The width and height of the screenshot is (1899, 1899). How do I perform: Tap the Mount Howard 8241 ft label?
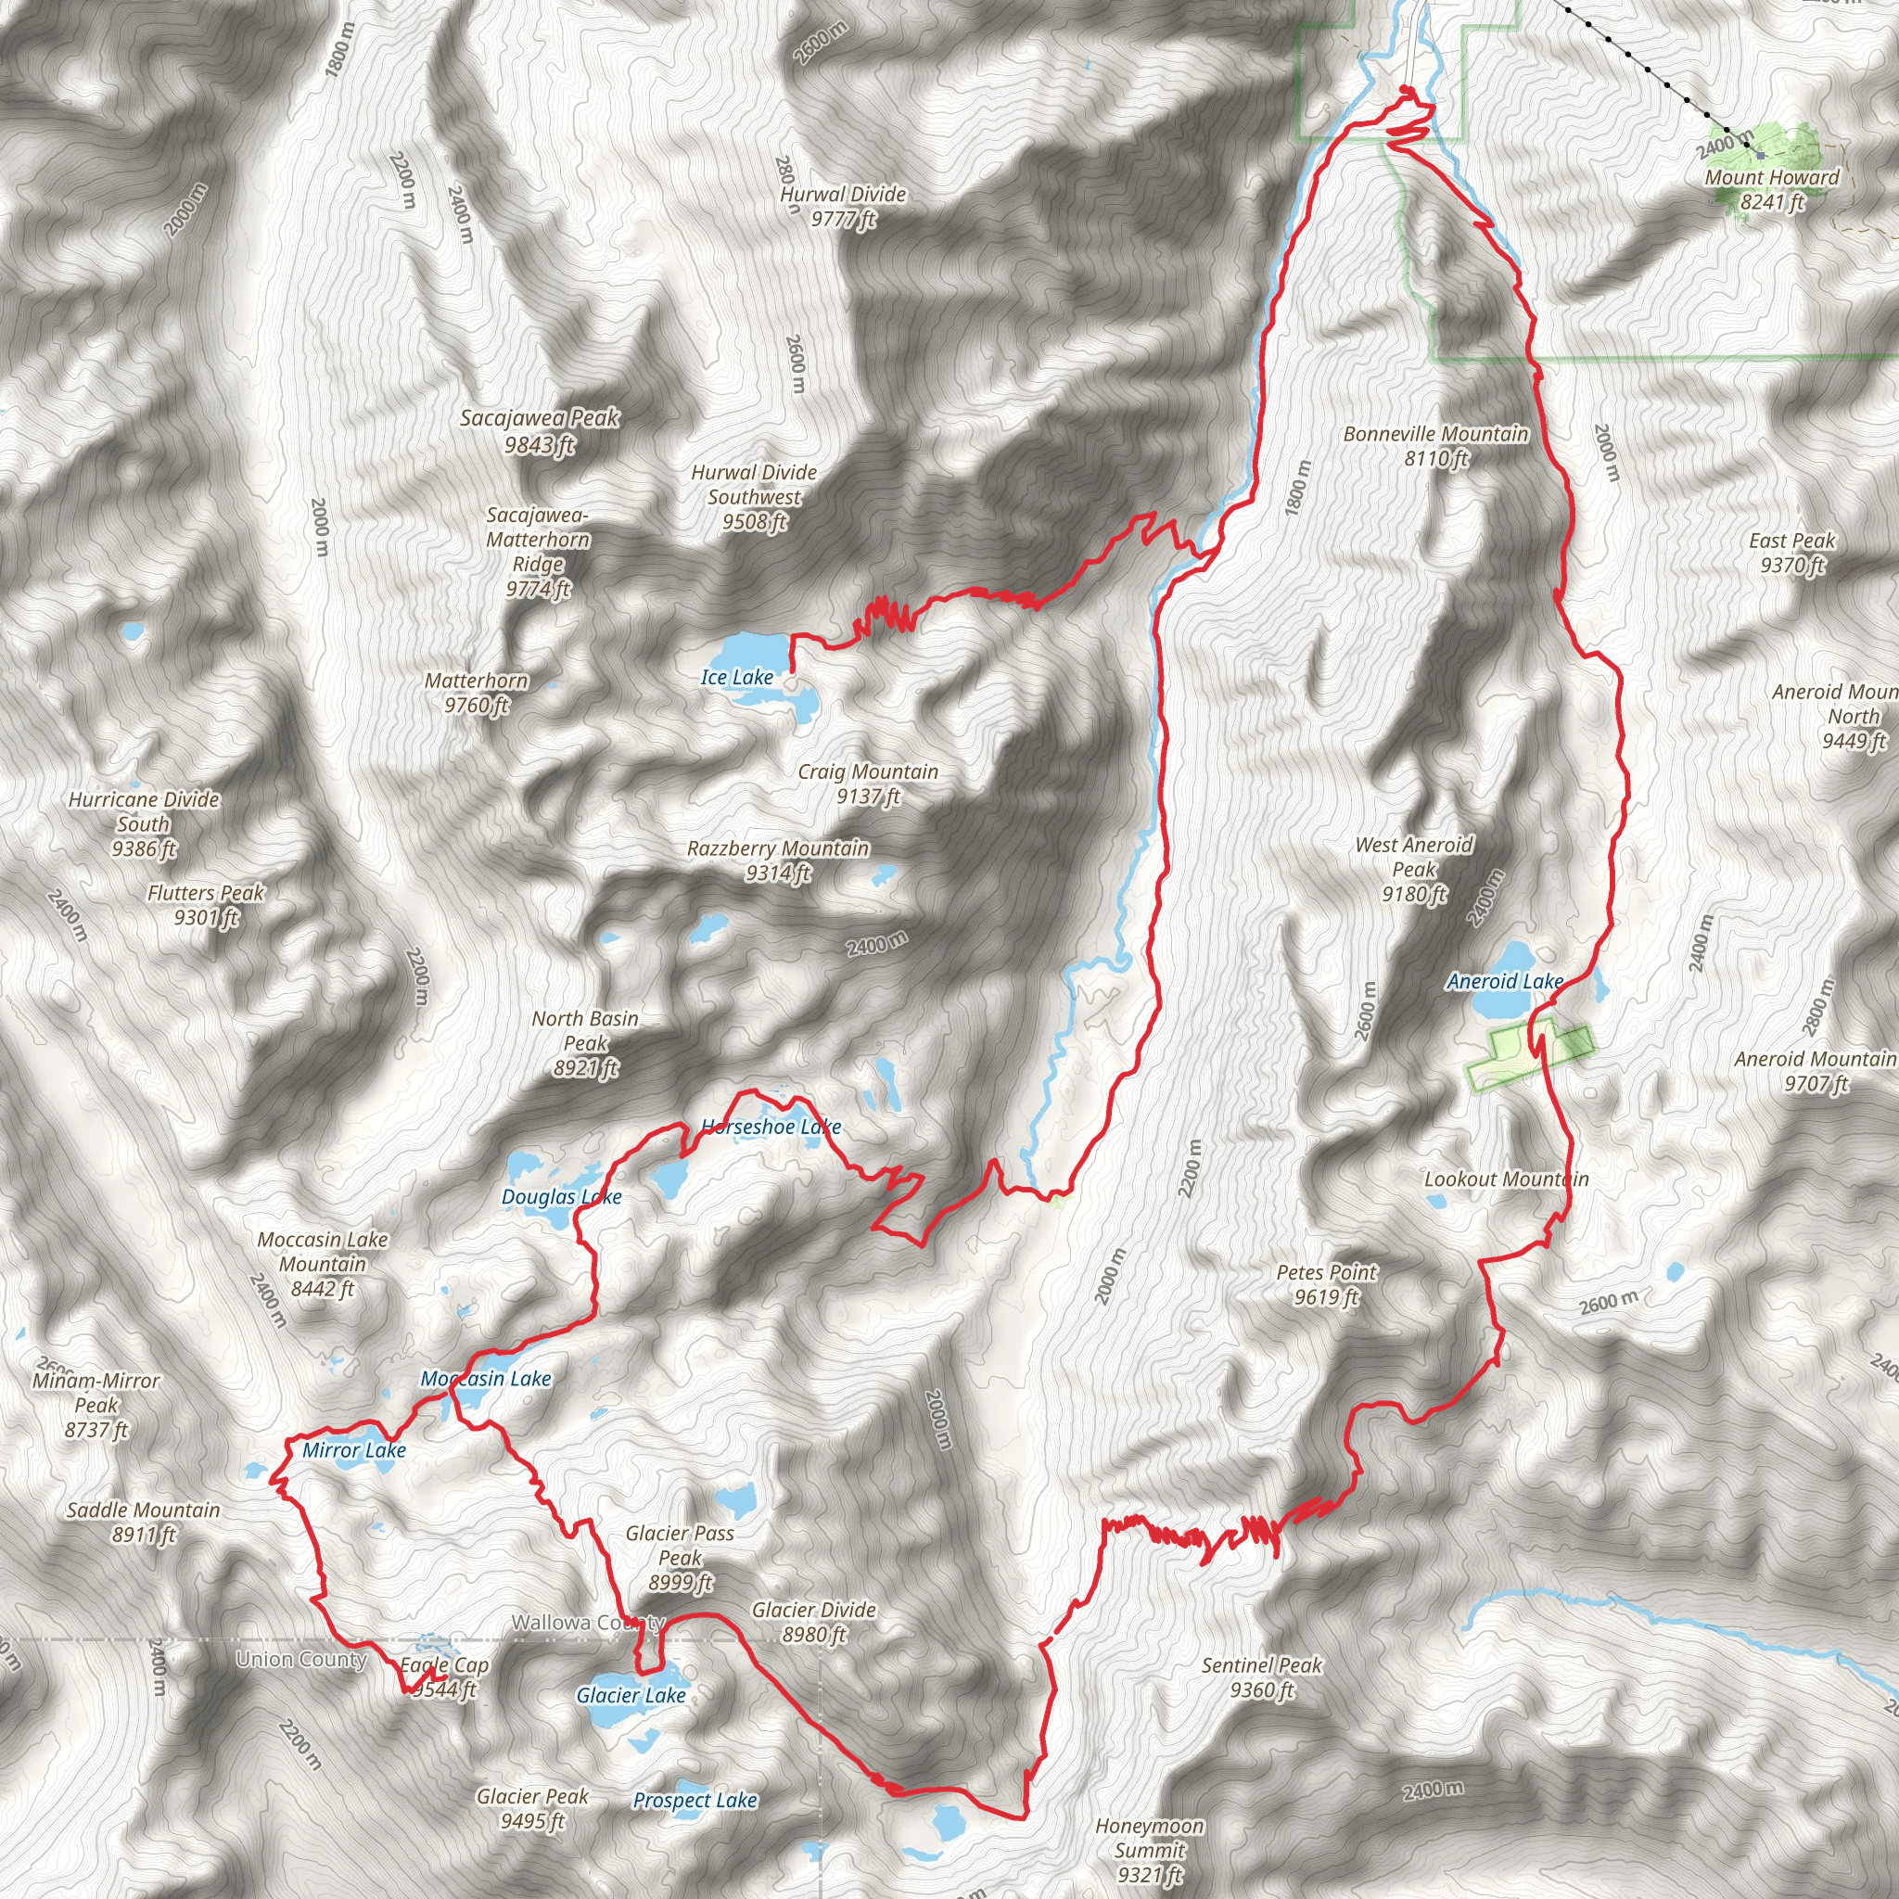[1771, 190]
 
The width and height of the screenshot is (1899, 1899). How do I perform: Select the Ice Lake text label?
[736, 677]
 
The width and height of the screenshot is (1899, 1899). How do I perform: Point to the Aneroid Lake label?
[1505, 981]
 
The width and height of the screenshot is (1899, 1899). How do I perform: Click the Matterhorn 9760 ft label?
[477, 692]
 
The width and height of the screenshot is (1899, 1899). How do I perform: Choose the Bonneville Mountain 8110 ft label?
[1435, 446]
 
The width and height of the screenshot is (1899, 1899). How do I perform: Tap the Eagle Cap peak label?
[444, 1676]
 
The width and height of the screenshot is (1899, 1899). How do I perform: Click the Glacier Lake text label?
[631, 1696]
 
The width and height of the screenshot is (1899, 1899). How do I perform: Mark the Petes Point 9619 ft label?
[1326, 1284]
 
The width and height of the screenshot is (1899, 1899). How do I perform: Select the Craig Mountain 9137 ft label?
[868, 784]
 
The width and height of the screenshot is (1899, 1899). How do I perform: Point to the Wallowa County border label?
[588, 1623]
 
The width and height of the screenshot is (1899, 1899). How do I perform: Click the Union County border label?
[300, 1660]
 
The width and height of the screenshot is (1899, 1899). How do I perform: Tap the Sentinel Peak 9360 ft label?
[1261, 1677]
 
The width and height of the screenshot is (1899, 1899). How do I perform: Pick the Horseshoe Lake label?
[771, 1127]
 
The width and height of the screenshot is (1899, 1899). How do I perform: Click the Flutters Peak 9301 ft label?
[207, 904]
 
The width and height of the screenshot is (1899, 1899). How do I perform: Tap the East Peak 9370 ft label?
[1791, 553]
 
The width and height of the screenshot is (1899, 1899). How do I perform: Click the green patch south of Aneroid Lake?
[1526, 1055]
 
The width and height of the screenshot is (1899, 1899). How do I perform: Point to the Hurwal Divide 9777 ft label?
[842, 207]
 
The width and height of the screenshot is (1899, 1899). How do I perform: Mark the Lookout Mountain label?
[1506, 1179]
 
